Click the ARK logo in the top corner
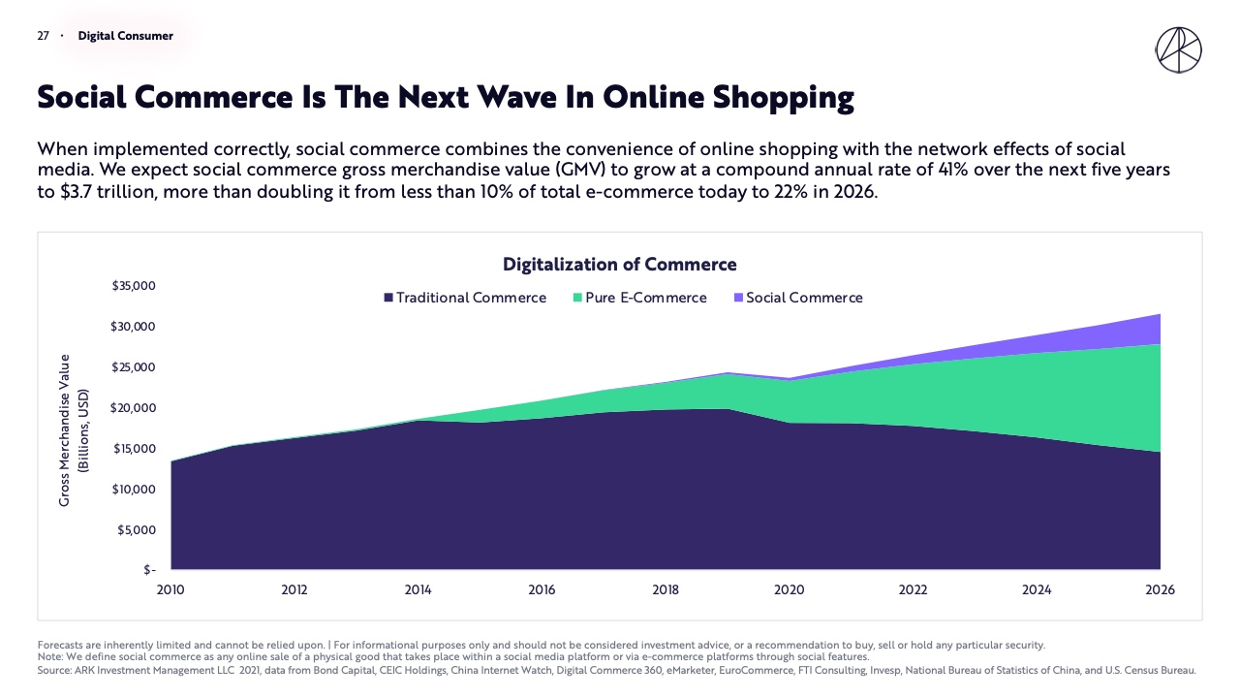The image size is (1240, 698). tap(1178, 50)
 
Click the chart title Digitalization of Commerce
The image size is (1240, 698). tap(619, 265)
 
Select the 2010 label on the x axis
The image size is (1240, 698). tap(170, 590)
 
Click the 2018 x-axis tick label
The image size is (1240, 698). tap(666, 590)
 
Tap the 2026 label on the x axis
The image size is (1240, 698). tap(1160, 590)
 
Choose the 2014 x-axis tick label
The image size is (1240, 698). tap(418, 590)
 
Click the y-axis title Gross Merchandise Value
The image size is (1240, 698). tap(65, 429)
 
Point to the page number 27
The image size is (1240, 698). tap(43, 36)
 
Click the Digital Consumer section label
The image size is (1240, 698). tap(126, 36)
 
